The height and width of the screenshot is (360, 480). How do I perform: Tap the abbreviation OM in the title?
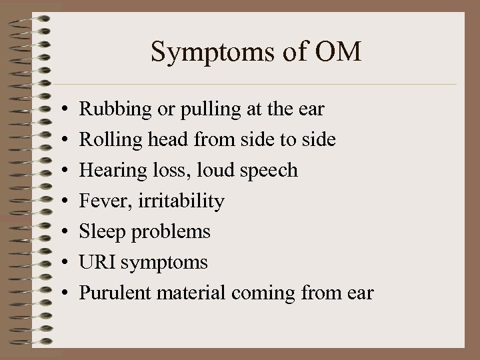340,52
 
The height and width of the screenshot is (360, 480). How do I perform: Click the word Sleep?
97,232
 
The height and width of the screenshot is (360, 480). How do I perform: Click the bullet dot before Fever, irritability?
61,202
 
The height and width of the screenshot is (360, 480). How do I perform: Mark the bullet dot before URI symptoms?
61,263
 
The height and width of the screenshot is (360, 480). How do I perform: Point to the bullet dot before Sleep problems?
61,233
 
